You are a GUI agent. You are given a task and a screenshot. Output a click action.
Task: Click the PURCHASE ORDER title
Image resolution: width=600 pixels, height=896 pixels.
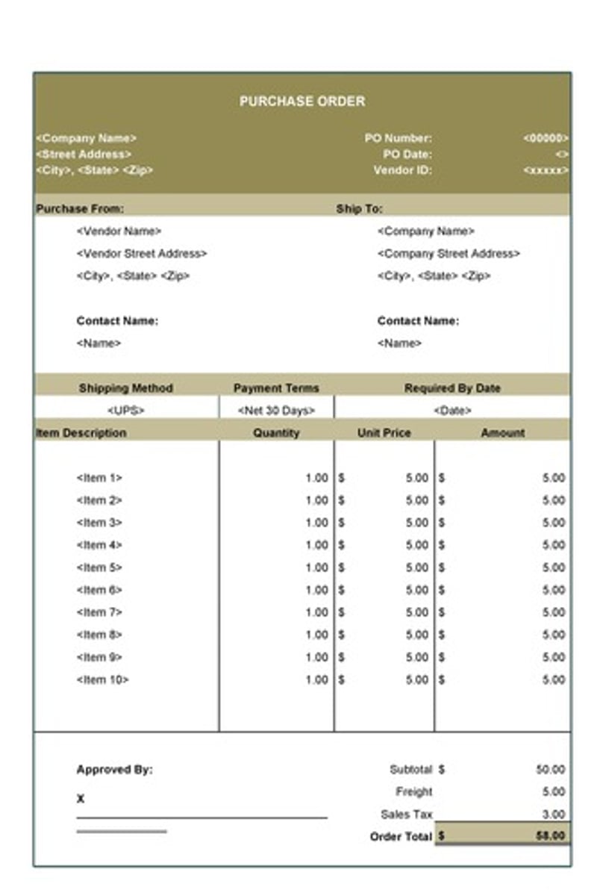[x=302, y=102]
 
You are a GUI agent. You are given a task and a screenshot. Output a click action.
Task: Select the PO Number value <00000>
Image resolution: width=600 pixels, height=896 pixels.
[x=546, y=138]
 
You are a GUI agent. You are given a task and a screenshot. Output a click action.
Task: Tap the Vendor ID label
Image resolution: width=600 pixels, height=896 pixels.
[x=403, y=170]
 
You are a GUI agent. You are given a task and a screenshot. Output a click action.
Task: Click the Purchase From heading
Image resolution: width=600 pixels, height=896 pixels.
[x=80, y=209]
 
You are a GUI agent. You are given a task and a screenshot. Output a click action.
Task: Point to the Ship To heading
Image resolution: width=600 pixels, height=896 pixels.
[x=360, y=209]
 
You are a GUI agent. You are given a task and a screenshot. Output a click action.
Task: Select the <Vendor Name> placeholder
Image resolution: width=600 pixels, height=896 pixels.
[x=119, y=231]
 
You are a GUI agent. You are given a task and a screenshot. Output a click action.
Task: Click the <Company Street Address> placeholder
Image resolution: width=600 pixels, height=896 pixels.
[x=449, y=254]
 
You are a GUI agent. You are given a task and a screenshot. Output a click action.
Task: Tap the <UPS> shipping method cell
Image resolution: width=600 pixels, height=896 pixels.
[x=126, y=411]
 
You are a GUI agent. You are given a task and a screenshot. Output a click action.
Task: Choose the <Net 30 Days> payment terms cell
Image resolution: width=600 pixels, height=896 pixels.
[x=276, y=411]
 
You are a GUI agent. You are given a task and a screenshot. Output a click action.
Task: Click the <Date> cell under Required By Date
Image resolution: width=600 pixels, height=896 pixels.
[x=452, y=411]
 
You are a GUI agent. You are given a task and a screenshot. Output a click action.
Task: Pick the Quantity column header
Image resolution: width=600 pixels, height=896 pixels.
[x=276, y=433]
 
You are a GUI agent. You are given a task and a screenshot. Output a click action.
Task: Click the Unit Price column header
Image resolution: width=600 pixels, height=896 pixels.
[x=384, y=433]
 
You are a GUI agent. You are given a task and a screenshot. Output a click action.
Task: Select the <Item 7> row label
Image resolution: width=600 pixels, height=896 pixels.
[x=99, y=612]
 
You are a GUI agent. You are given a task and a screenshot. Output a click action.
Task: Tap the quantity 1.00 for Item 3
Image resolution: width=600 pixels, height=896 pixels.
[x=316, y=523]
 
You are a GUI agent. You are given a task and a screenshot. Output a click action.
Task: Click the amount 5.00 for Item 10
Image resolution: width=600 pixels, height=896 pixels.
[x=554, y=679]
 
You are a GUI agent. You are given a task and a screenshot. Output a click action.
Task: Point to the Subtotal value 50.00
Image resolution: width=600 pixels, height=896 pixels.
[x=551, y=769]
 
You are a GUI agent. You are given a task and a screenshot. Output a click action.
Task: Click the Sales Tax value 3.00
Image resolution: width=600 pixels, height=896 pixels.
[x=554, y=814]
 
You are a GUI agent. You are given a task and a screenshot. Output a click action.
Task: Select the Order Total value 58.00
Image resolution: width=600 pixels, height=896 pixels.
[x=551, y=836]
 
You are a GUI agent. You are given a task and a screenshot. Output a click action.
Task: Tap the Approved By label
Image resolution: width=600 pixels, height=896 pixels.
[x=114, y=769]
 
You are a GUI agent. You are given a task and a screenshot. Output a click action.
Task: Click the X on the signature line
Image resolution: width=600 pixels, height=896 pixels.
[x=81, y=799]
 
